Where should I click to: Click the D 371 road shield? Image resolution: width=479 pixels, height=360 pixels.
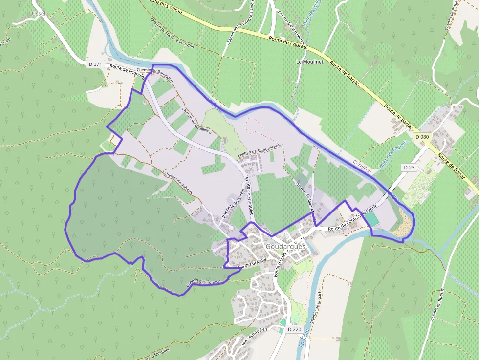(x=95, y=64)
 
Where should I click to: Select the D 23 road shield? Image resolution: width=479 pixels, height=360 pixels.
(x=409, y=167)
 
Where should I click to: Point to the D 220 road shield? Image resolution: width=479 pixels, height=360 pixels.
(x=294, y=329)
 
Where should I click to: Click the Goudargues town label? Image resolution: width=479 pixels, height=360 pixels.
(x=286, y=247)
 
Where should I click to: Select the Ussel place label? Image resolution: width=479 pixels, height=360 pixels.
(x=38, y=13)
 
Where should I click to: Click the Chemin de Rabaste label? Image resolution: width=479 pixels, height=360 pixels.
(x=179, y=184)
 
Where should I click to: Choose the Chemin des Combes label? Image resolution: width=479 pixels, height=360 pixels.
(x=204, y=282)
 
